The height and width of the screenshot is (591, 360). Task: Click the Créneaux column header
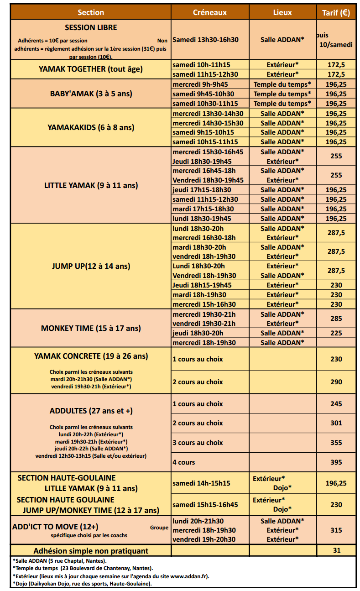(x=210, y=12)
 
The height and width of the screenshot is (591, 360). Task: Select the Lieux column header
(x=282, y=12)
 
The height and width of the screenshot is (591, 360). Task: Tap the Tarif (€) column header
(x=336, y=12)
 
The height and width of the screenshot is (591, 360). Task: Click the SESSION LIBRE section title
(x=91, y=27)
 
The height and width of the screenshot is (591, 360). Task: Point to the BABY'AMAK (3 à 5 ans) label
(x=91, y=94)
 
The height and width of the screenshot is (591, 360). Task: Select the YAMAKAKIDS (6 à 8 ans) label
(x=91, y=127)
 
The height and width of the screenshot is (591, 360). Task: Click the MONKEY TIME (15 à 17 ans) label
(x=91, y=328)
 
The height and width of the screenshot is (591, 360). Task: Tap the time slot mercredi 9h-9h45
(x=200, y=84)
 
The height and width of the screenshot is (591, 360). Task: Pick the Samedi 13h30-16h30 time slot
(x=205, y=40)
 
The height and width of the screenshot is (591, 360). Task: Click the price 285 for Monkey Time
(x=336, y=319)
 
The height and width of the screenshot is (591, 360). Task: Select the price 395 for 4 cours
(x=336, y=462)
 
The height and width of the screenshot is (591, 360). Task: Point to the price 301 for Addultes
(x=336, y=423)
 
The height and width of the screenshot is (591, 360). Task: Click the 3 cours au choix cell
(x=198, y=443)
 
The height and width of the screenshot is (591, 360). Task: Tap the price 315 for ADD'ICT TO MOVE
(x=336, y=530)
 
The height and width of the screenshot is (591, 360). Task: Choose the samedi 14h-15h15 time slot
(x=201, y=483)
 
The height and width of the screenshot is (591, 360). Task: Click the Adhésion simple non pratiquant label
(x=91, y=550)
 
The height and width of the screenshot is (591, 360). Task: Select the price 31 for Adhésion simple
(x=336, y=550)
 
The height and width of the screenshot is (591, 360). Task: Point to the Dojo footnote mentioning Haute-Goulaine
(x=82, y=583)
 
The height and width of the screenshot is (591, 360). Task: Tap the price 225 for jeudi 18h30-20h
(x=336, y=333)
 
